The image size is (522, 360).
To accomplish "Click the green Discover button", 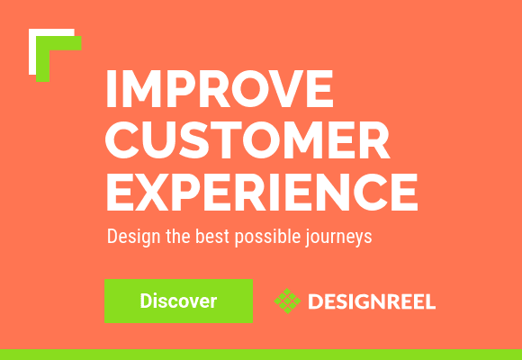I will pos(178,301).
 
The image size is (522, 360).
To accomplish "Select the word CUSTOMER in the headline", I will pos(247,140).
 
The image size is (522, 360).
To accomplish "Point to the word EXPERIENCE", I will pos(261,191).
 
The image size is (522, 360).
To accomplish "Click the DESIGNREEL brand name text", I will pos(371,301).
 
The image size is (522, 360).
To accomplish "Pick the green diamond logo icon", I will pos(287,301).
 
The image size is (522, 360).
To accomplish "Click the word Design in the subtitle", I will pos(130,238).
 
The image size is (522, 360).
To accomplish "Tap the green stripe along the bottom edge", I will pos(261,354).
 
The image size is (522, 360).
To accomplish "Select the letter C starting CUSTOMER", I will pos(123,140).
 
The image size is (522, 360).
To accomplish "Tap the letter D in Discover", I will pos(146,301).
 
